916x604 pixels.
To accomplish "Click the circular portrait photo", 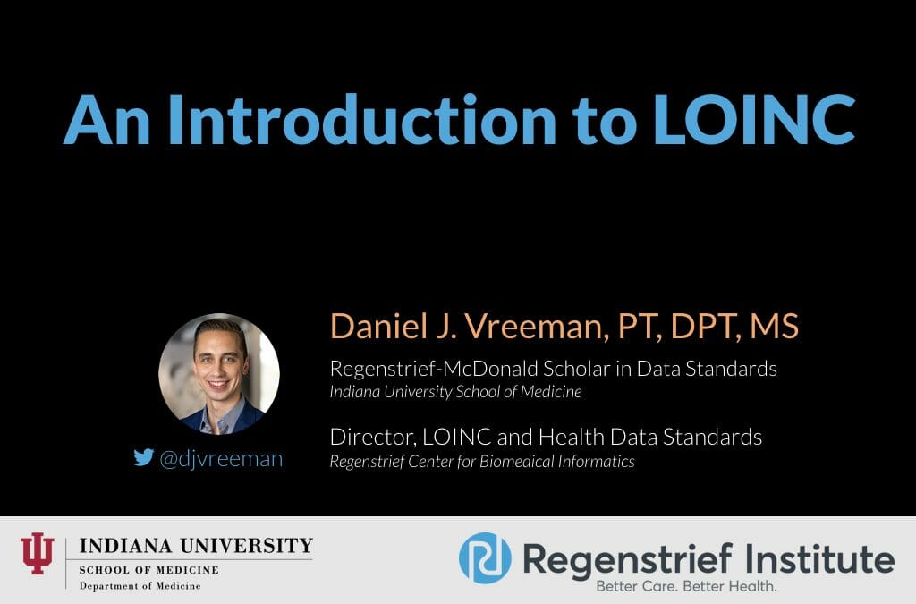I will [219, 373].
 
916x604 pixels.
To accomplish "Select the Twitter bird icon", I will [143, 458].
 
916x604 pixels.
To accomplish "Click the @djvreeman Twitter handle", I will [221, 459].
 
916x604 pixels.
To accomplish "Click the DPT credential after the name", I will [694, 327].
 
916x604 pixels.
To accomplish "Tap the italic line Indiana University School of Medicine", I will [455, 391].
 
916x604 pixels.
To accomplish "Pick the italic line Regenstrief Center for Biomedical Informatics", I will [482, 462].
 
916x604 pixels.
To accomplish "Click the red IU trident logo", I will [38, 553].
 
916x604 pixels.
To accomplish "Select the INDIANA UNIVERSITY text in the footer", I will [196, 546].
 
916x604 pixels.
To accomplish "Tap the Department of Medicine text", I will [140, 585].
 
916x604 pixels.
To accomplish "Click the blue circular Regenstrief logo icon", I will [484, 558].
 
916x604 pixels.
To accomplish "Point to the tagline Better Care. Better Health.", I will [687, 587].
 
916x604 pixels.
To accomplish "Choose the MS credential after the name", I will [773, 327].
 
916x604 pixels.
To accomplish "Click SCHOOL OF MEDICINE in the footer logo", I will [148, 569].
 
